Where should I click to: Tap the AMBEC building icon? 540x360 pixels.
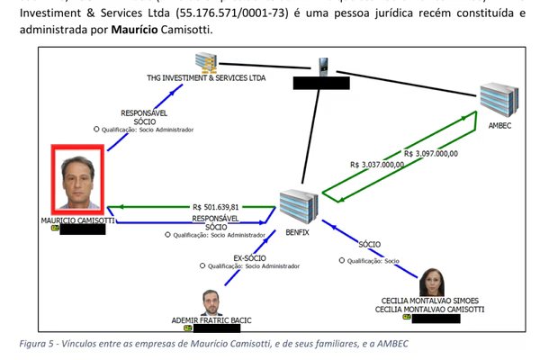(496, 101)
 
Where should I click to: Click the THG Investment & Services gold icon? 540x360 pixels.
(210, 62)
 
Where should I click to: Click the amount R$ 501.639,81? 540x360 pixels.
(215, 205)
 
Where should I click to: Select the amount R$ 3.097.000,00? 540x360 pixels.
(432, 153)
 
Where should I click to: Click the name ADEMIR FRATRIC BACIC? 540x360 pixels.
(211, 319)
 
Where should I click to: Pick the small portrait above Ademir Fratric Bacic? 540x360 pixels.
(211, 301)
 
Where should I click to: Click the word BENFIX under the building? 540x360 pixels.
(296, 232)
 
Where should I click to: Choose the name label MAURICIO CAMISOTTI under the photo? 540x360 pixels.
(77, 220)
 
